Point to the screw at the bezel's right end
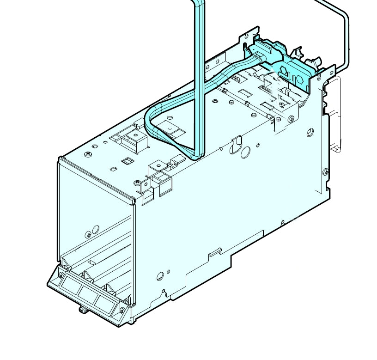click(x=122, y=310)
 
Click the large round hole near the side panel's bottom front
click(x=160, y=277)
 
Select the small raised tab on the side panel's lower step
click(x=214, y=253)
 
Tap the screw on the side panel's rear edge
click(x=326, y=172)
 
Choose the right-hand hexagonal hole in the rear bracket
click(x=299, y=77)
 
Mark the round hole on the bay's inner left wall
click(x=96, y=229)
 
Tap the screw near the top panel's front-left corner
click(x=87, y=153)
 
